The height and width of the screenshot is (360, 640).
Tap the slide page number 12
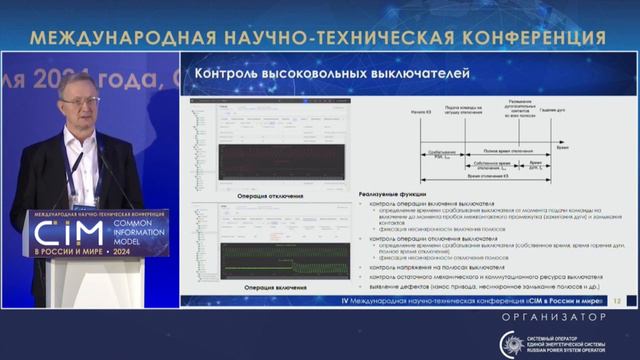(617, 300)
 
